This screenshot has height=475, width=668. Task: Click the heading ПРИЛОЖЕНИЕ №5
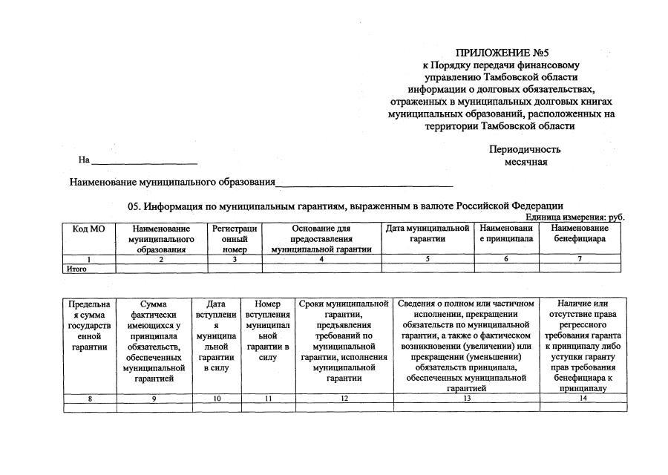tap(502, 53)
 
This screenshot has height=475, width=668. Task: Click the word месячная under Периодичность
tap(526, 162)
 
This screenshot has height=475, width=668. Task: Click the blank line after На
tap(145, 161)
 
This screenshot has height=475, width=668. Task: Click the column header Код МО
tap(89, 229)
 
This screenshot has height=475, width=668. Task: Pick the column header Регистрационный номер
tap(235, 239)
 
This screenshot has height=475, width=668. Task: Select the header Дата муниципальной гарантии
tap(427, 234)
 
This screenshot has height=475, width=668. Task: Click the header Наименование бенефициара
tap(580, 234)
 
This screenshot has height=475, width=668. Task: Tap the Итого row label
tap(77, 269)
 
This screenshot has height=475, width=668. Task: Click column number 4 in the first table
tap(321, 259)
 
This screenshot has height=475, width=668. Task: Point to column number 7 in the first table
tap(580, 259)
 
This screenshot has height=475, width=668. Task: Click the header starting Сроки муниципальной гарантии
tap(344, 341)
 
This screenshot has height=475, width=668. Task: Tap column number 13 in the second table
tap(467, 399)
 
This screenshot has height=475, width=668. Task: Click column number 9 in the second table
tap(154, 399)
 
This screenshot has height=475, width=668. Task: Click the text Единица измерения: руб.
tap(574, 217)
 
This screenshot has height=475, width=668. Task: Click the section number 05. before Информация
tap(135, 206)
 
